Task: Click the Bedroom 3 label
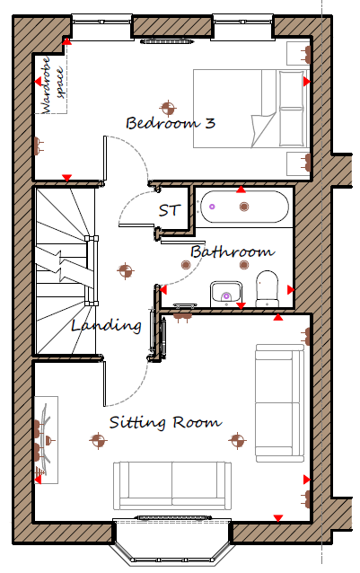pos(171,123)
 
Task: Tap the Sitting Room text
pos(165,422)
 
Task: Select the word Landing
pos(106,325)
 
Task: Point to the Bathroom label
pos(233,251)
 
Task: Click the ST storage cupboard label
pos(170,210)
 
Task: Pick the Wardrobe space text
pos(52,84)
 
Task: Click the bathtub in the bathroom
pos(245,207)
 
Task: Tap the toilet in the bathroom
pos(267,288)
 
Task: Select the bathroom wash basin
pos(226,294)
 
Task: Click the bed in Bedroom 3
pos(251,109)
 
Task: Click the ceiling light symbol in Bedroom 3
pos(168,108)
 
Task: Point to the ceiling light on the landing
pos(125,271)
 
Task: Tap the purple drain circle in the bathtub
pos(212,207)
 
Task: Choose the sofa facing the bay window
pos(172,486)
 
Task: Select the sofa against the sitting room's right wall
pos(280,403)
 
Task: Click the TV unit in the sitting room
pos(47,440)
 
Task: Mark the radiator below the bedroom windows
pos(166,41)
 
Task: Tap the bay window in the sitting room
pos(172,542)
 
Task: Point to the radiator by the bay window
pos(171,517)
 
